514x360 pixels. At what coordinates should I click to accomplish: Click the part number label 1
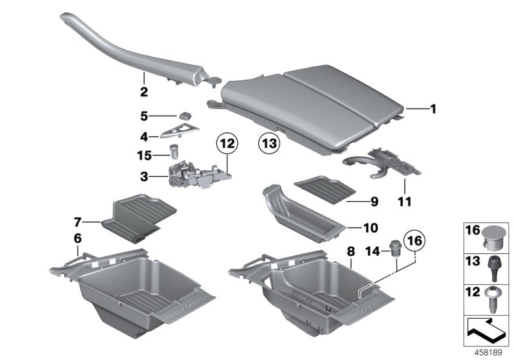coord(433,109)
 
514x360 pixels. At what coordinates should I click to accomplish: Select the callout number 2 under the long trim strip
coord(144,92)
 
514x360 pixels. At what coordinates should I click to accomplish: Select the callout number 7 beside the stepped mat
coord(77,222)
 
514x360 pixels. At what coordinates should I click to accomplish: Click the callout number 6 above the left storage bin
coord(78,238)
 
